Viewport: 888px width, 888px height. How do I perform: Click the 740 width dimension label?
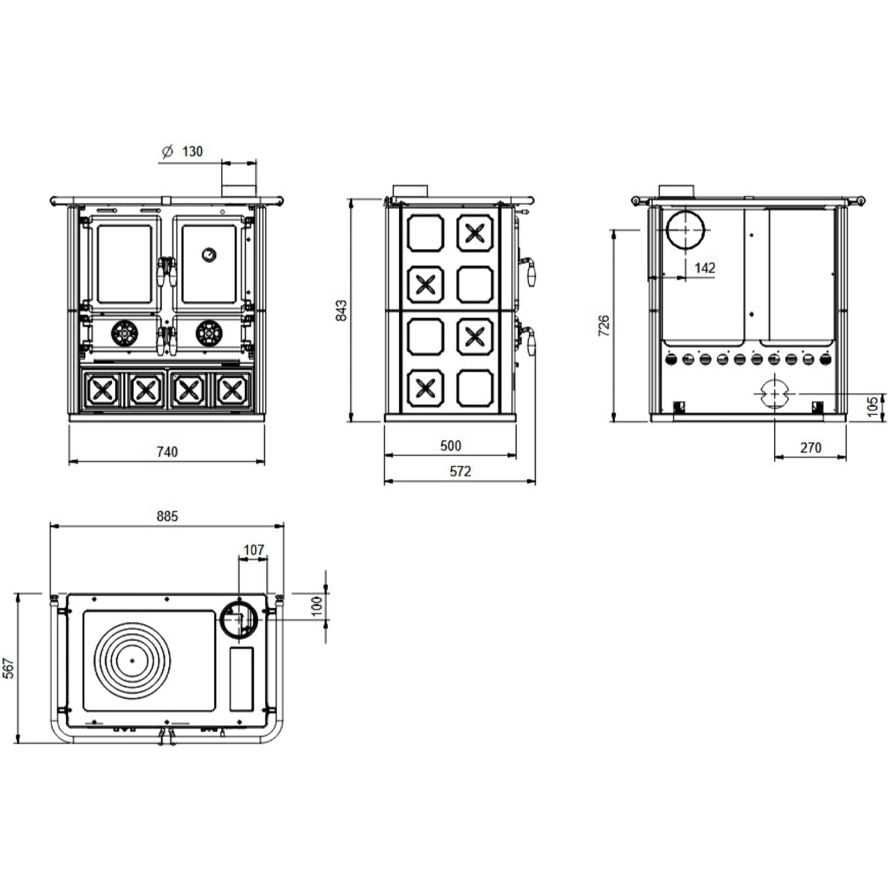(x=167, y=452)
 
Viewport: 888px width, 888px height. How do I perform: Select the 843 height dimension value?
(x=341, y=310)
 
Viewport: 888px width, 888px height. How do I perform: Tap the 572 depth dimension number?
(x=460, y=471)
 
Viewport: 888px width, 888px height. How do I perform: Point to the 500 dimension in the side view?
(x=451, y=446)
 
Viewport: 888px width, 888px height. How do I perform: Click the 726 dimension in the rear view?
(x=604, y=325)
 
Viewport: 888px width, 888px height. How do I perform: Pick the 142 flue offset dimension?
(x=705, y=268)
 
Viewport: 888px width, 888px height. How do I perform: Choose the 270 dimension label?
(x=811, y=447)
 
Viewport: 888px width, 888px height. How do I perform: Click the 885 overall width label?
(x=167, y=516)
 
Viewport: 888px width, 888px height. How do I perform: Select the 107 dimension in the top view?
(x=254, y=549)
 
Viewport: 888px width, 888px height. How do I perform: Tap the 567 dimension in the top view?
(x=8, y=668)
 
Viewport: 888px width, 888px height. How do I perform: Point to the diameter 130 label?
(x=182, y=151)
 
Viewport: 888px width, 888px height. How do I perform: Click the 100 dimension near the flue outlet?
(x=317, y=606)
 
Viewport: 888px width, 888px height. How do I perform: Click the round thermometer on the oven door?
(x=209, y=255)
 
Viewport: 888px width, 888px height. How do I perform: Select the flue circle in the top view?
(x=239, y=619)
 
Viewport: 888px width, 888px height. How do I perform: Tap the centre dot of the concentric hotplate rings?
(x=132, y=660)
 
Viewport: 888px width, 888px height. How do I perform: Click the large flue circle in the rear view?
(x=685, y=230)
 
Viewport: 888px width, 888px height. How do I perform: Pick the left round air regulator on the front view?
(x=124, y=333)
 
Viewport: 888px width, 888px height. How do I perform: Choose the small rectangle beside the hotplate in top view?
(x=241, y=679)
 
